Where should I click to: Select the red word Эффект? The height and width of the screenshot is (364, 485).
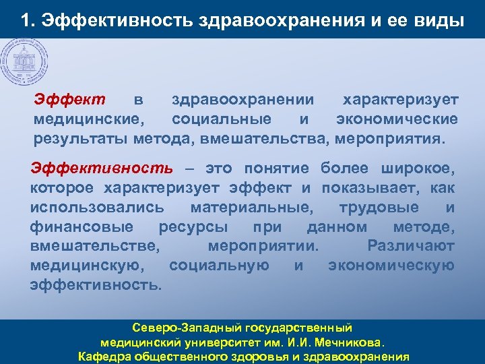[70, 100]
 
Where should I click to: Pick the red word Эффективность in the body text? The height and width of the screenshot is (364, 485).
[102, 168]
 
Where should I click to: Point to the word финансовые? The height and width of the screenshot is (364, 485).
[82, 226]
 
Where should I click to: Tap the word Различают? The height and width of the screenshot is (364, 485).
[411, 246]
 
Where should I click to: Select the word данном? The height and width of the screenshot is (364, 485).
[337, 226]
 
